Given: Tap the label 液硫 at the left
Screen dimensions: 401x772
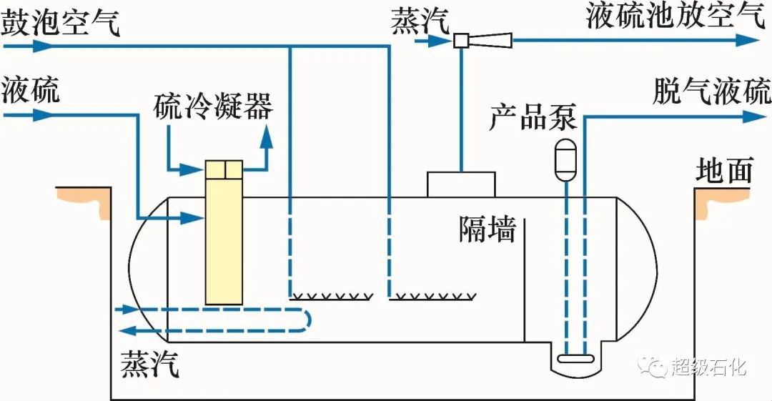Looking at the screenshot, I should (31, 91).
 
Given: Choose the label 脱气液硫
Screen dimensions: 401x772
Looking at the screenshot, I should (711, 91).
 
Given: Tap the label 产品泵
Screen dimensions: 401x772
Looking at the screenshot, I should (533, 117).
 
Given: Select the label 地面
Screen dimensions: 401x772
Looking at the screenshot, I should (725, 171).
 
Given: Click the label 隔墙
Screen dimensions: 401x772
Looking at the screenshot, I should (486, 229).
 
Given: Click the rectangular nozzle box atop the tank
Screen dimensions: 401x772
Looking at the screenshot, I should (461, 184).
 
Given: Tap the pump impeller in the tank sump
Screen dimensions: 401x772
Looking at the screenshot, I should (575, 359).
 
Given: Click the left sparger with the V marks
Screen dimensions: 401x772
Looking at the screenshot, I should (330, 295).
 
